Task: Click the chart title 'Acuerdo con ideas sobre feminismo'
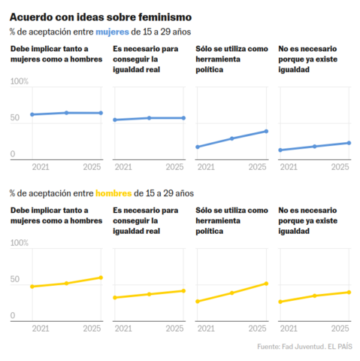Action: [x=101, y=17]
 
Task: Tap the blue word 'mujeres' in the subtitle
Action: [x=112, y=32]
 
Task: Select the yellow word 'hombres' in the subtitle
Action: [x=113, y=193]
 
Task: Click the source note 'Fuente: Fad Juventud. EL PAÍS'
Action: [x=304, y=347]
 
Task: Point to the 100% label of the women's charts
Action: [x=20, y=81]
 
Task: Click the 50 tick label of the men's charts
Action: [x=15, y=279]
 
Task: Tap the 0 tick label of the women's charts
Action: [x=13, y=153]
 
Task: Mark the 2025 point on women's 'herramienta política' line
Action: [x=266, y=132]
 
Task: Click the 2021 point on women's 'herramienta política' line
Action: [x=198, y=147]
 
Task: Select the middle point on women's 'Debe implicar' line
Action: [x=66, y=113]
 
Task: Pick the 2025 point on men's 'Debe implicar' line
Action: [x=101, y=278]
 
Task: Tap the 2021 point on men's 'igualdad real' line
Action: [x=115, y=298]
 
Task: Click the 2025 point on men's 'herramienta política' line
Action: [x=266, y=284]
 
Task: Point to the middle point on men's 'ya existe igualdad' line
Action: [x=315, y=296]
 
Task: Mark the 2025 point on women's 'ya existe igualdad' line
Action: [x=349, y=143]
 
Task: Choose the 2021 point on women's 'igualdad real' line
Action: [x=115, y=120]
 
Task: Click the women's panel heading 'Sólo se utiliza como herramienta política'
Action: [x=231, y=59]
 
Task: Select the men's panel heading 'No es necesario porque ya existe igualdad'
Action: [x=308, y=220]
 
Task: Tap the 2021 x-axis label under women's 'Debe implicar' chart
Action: [x=41, y=167]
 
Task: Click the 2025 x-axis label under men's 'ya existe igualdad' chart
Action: [x=340, y=329]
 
